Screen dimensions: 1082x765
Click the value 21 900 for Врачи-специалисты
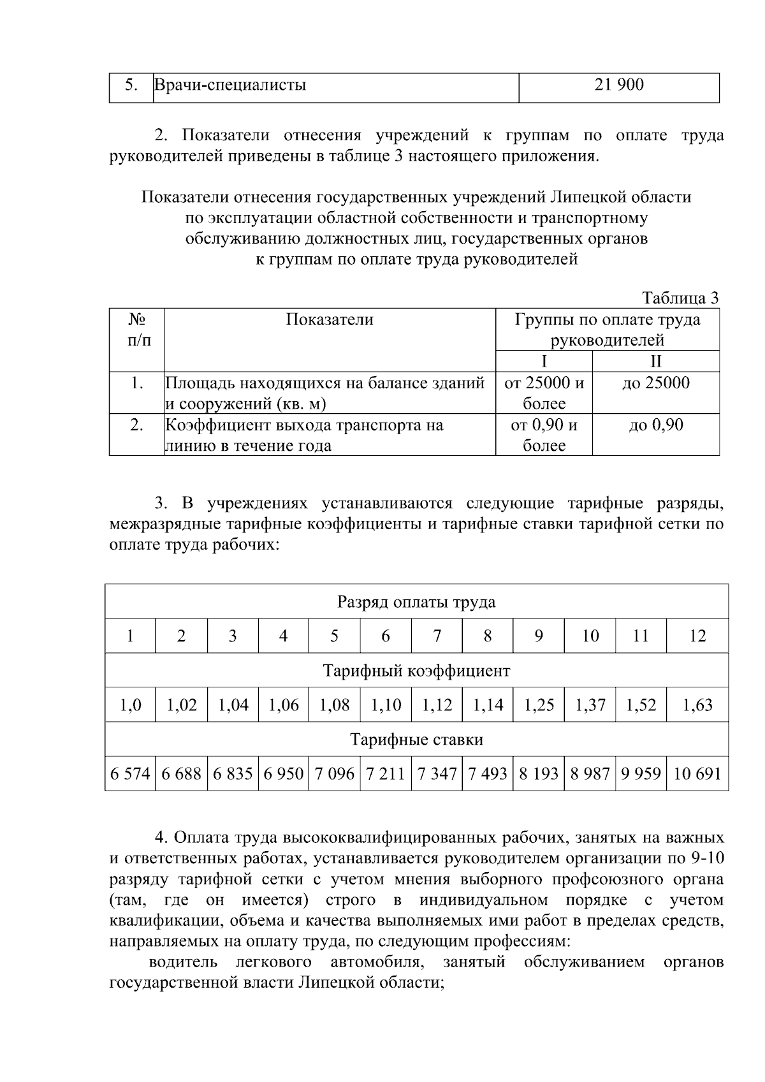click(618, 85)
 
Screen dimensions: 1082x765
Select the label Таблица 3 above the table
click(680, 298)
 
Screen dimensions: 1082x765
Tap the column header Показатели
click(329, 319)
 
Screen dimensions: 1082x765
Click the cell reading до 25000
click(655, 383)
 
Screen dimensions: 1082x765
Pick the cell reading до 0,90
click(655, 425)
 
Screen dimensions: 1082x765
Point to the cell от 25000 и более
click(544, 393)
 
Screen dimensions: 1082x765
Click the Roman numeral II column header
click(655, 362)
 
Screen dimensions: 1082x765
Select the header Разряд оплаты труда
click(416, 602)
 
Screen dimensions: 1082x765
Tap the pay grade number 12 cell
click(697, 636)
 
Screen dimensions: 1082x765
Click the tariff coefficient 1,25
click(539, 705)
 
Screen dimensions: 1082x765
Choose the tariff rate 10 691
click(697, 774)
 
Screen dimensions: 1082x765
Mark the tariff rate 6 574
click(130, 774)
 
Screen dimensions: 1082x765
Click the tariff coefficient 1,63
click(697, 705)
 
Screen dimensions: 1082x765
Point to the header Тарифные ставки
click(416, 740)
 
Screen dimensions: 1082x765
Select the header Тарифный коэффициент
click(416, 671)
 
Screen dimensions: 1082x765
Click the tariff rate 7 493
click(488, 774)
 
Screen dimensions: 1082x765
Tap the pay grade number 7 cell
click(437, 636)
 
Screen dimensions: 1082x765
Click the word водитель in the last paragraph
click(183, 961)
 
